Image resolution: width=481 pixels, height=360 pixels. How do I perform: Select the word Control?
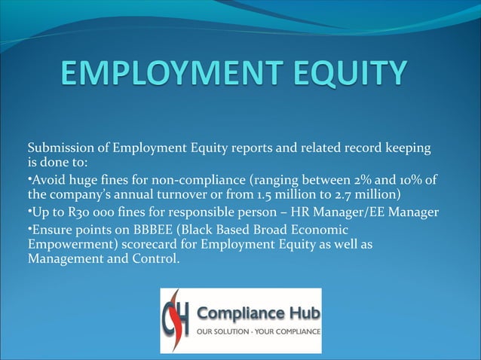pyautogui.click(x=158, y=261)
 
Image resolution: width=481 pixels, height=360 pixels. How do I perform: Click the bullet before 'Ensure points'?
pyautogui.click(x=29, y=228)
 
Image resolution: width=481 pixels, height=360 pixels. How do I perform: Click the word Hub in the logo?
pyautogui.click(x=301, y=313)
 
